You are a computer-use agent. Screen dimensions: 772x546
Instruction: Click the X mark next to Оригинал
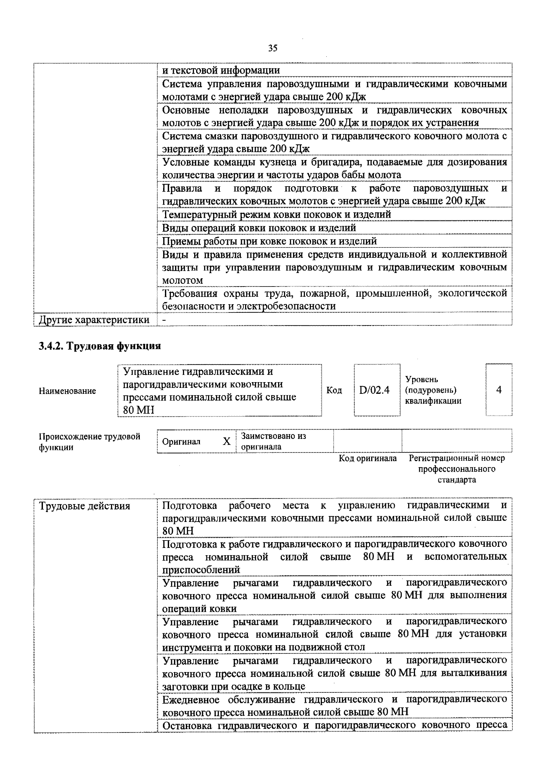coord(227,441)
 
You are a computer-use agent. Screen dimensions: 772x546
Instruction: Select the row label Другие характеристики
coord(94,319)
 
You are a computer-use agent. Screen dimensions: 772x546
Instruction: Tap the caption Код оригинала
coord(367,458)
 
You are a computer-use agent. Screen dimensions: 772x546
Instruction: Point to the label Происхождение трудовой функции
coord(89,442)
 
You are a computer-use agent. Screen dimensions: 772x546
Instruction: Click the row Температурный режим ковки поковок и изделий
coord(276,214)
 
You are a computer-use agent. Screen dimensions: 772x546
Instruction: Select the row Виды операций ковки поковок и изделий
coord(259,228)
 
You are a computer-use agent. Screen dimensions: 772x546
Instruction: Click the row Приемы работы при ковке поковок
coord(269,241)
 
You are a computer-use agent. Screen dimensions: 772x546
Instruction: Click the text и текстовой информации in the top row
coord(221,70)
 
